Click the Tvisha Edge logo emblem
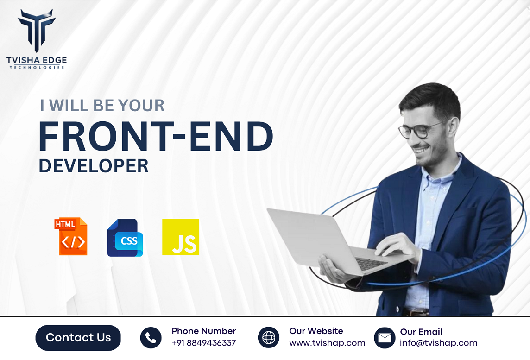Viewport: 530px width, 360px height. (x=37, y=29)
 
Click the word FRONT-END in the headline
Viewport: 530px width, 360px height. (x=156, y=137)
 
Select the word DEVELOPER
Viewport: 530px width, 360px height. (x=94, y=166)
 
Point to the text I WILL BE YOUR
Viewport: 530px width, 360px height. (x=102, y=106)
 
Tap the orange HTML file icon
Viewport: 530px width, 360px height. (x=71, y=236)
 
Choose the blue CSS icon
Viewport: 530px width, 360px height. (x=125, y=238)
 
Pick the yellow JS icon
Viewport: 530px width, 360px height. (x=181, y=237)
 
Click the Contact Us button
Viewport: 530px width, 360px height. (x=78, y=338)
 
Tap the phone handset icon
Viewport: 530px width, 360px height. (x=151, y=338)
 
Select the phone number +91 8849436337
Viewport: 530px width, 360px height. (x=203, y=343)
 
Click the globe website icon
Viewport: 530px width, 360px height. (x=269, y=338)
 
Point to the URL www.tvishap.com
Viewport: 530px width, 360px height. (x=327, y=343)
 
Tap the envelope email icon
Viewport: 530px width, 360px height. (x=385, y=338)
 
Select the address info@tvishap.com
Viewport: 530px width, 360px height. (x=438, y=343)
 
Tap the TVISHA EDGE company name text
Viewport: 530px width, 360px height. (x=37, y=60)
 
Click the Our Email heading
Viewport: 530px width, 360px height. (x=421, y=332)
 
